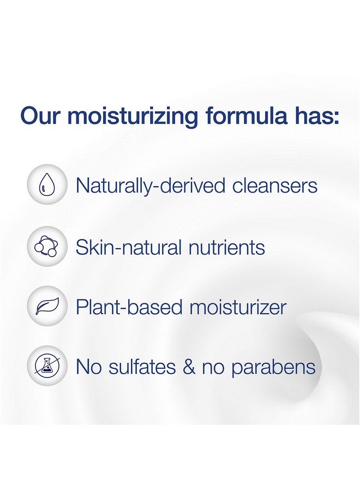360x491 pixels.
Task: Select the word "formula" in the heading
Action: tap(247, 115)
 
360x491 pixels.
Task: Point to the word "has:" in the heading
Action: tap(317, 115)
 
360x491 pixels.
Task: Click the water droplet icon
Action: tap(47, 185)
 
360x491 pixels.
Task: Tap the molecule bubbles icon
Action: tap(47, 247)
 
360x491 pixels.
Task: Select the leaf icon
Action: tap(47, 306)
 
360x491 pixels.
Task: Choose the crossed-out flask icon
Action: tap(47, 366)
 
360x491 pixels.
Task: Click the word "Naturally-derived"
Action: tap(150, 186)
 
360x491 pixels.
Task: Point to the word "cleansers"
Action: tap(275, 185)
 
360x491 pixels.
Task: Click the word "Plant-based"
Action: tap(129, 307)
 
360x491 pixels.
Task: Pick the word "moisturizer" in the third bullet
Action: tap(238, 307)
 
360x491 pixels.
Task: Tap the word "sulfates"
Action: tap(142, 367)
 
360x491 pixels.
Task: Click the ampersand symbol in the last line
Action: tap(189, 367)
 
